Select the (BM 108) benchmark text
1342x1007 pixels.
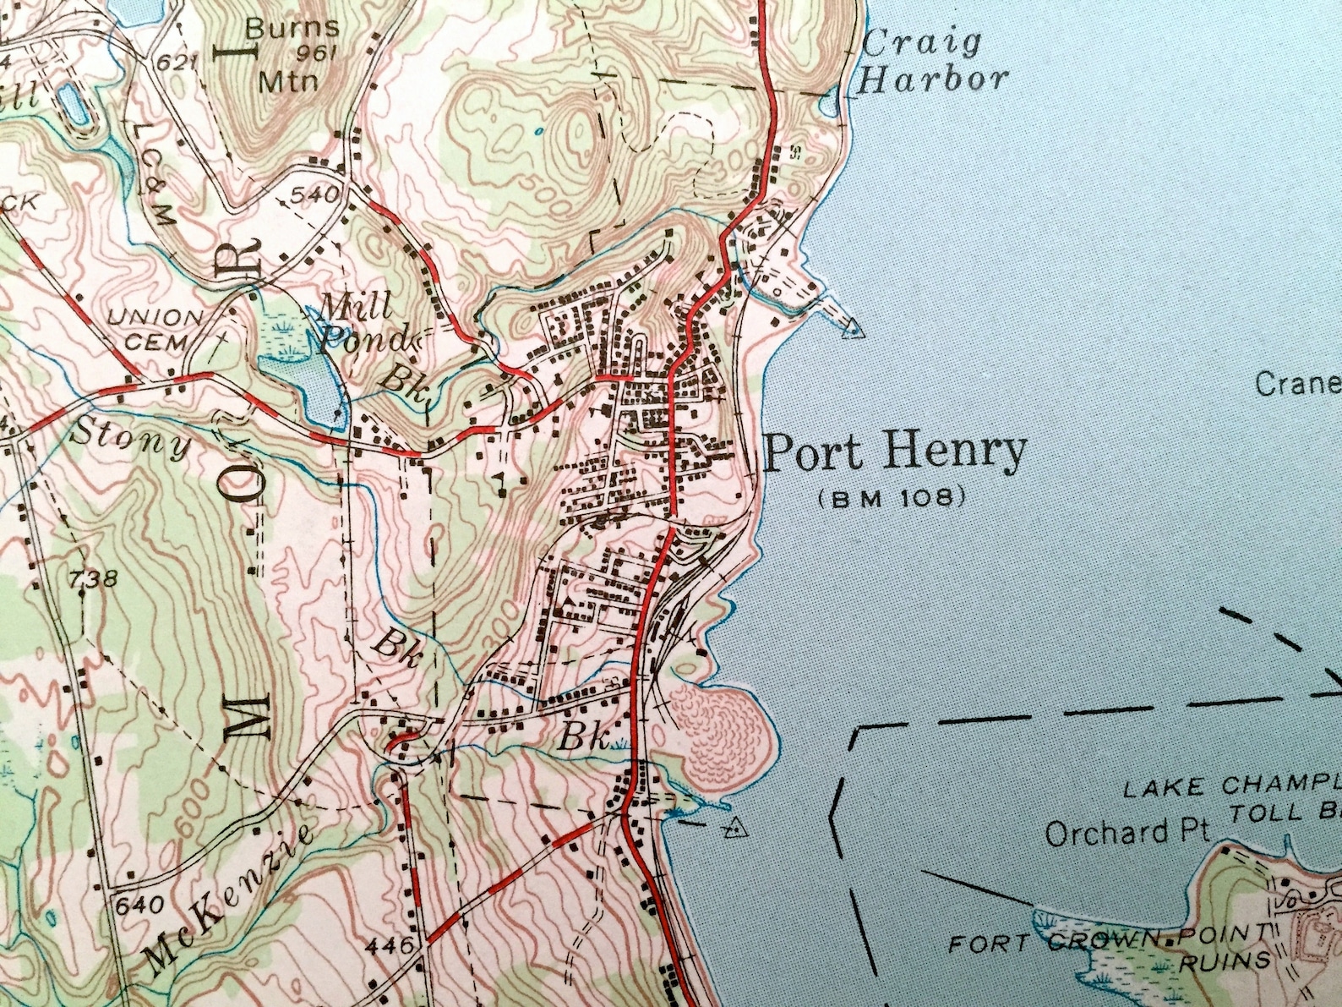[x=892, y=499]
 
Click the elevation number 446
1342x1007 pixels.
[x=390, y=944]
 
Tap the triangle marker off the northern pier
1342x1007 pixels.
[x=855, y=327]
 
